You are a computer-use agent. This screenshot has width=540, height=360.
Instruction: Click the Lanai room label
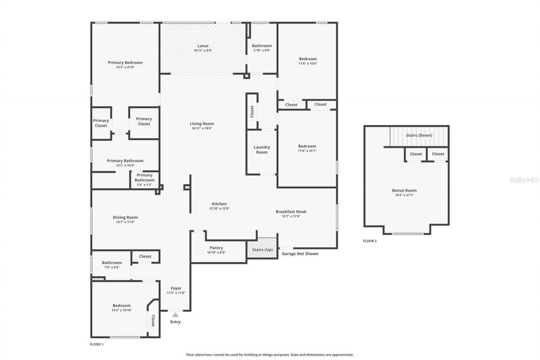click(x=203, y=46)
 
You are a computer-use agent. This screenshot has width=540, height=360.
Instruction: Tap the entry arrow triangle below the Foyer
click(x=175, y=315)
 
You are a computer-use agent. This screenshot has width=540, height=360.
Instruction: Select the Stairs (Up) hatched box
click(x=262, y=249)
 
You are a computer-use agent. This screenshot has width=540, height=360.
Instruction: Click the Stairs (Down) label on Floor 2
click(x=418, y=135)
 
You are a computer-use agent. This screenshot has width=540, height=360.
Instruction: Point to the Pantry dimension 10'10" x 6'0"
click(x=216, y=252)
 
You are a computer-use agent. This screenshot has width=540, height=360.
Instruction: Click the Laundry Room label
click(x=262, y=149)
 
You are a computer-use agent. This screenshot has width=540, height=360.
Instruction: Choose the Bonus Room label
click(x=404, y=190)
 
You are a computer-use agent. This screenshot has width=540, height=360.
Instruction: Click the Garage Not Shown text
click(x=300, y=254)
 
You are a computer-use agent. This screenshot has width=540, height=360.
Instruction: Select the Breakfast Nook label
click(x=291, y=211)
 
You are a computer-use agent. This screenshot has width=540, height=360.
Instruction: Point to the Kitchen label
click(x=219, y=204)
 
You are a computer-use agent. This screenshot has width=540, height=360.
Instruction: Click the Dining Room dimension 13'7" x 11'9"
click(x=125, y=222)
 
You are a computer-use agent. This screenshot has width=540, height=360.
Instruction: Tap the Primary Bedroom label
click(x=125, y=62)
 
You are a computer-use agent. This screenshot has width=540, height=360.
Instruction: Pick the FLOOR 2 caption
click(x=370, y=241)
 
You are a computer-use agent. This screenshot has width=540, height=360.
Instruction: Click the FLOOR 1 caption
click(x=97, y=344)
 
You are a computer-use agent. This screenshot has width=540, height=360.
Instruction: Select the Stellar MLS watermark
click(x=524, y=180)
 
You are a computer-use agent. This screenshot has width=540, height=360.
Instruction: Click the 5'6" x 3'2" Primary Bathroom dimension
click(x=144, y=184)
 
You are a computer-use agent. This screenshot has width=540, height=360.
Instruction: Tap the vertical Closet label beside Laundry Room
click(x=252, y=111)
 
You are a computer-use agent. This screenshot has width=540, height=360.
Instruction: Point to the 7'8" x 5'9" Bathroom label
click(x=111, y=263)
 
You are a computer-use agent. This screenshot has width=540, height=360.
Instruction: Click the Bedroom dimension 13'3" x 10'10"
click(x=121, y=310)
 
